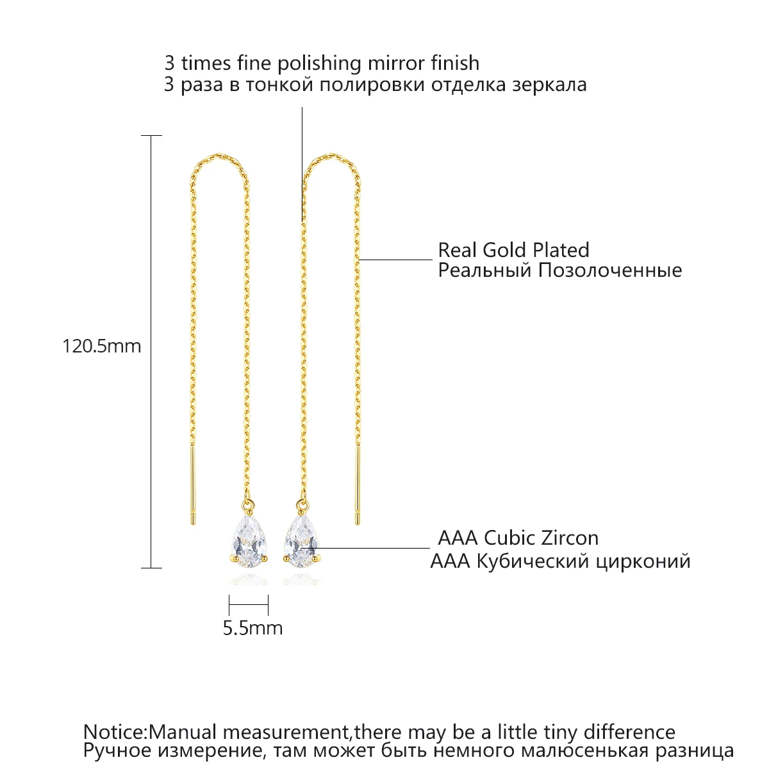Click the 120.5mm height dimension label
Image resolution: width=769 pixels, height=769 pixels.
(101, 347)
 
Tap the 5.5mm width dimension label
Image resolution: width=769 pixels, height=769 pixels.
(252, 628)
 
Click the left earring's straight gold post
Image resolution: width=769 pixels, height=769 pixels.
(192, 485)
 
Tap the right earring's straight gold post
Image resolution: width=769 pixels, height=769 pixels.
(358, 485)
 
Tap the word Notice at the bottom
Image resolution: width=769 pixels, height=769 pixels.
(114, 732)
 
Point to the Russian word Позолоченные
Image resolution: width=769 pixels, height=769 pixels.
(609, 270)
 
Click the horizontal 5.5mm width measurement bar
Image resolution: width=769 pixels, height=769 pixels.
(249, 604)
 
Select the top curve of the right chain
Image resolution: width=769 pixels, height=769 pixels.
(330, 156)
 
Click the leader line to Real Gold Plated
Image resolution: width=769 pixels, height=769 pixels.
(396, 260)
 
